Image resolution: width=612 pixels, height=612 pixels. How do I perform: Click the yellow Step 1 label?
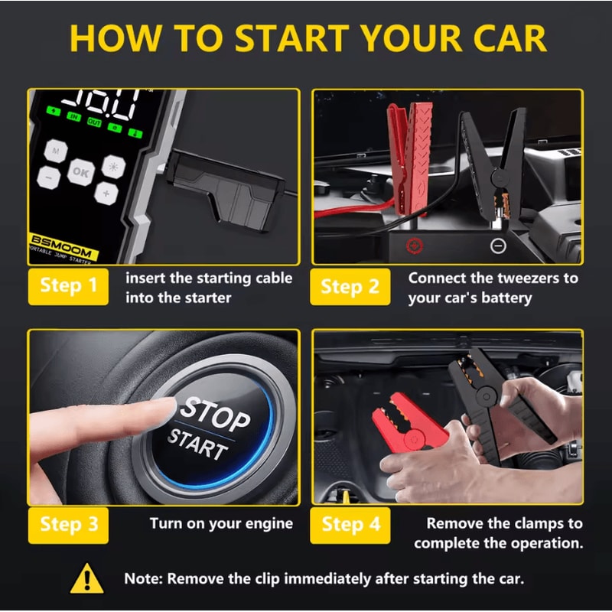coord(68,285)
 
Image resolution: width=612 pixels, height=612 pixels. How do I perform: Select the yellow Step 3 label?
coord(68,524)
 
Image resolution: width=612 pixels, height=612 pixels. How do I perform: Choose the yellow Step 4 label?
coord(350,524)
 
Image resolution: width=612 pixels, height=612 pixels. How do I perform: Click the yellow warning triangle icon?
coord(86,579)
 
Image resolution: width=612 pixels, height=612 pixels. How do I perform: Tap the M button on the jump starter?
coord(54,151)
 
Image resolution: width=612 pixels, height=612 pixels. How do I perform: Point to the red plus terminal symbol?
coord(415,246)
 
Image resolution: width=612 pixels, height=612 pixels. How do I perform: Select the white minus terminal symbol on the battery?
coord(497,246)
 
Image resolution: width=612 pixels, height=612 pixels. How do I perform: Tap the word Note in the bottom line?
coord(148,579)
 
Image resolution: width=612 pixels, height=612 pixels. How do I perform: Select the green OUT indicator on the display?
coord(94,122)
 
